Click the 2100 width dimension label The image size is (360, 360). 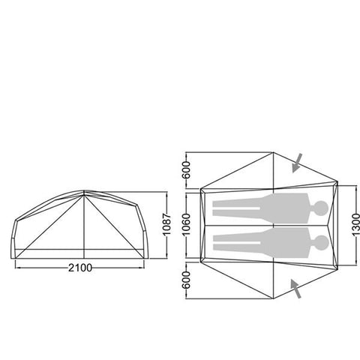coord(84,268)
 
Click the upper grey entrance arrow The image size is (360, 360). coord(298,162)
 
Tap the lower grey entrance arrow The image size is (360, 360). coord(297,288)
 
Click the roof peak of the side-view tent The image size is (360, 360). coord(85,193)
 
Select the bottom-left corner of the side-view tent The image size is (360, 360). coord(13,255)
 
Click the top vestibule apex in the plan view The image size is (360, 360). coord(274,153)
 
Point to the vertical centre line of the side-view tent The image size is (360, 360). coord(85,225)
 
